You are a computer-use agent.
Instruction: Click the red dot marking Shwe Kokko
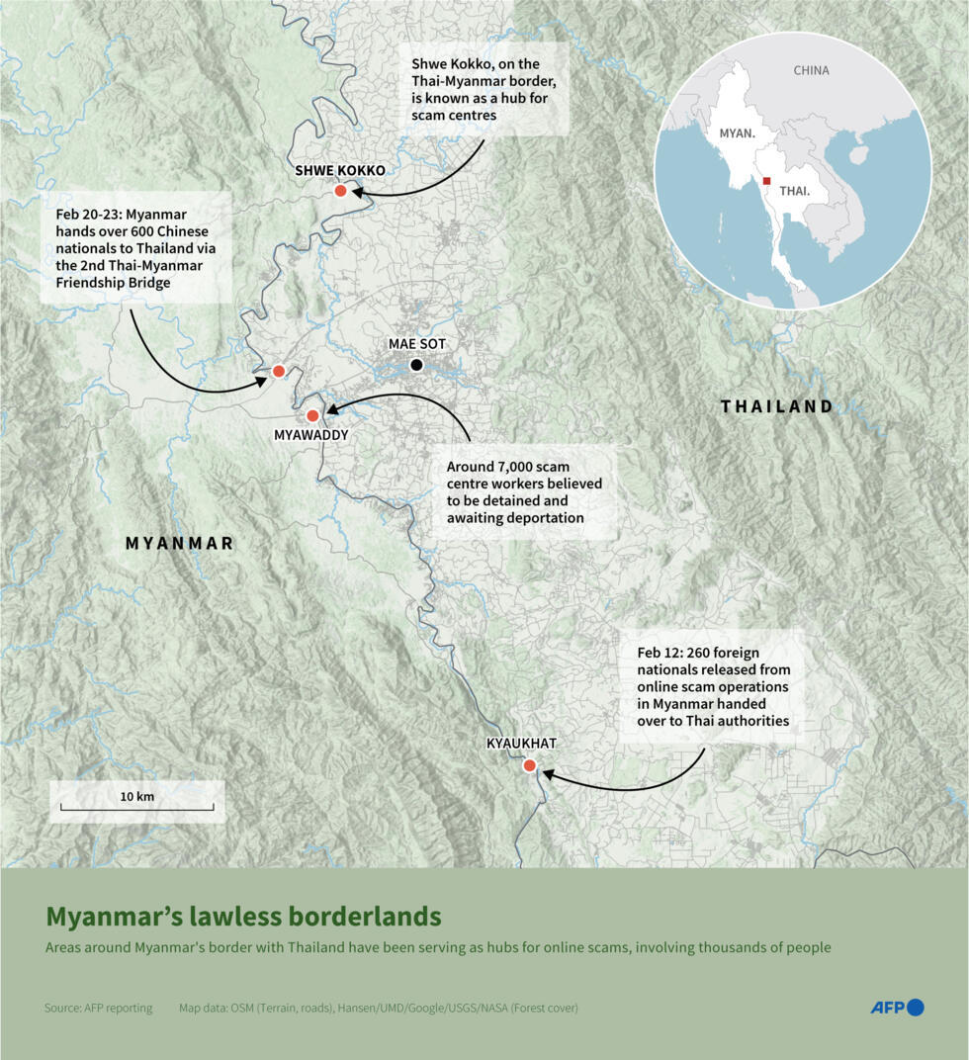340,191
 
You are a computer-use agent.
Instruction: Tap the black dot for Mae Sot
416,365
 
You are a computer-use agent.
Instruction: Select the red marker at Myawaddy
312,416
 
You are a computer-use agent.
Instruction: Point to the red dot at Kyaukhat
529,765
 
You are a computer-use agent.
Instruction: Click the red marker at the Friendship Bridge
279,371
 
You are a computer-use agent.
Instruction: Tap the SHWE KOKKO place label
340,170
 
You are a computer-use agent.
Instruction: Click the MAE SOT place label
417,343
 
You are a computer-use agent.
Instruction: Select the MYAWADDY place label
311,435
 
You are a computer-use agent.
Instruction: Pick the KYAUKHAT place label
521,744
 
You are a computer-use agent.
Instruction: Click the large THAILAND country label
776,406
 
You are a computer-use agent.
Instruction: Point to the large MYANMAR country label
179,543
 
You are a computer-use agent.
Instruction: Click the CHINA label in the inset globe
811,71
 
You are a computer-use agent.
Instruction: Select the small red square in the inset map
766,181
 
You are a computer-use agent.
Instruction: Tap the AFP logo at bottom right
897,1008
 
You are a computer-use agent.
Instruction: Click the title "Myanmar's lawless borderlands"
243,916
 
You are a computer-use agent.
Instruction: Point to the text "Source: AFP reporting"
99,1008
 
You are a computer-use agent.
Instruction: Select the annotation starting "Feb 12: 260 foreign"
713,687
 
